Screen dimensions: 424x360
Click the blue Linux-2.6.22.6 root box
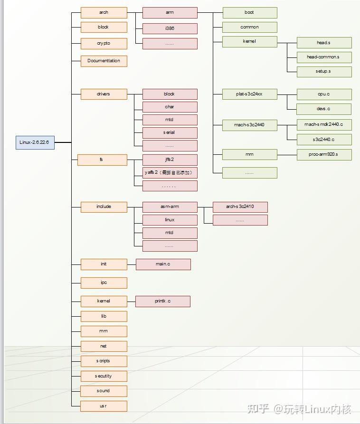pos(35,142)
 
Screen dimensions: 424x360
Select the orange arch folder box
pos(104,13)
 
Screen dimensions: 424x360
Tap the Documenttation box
pos(104,61)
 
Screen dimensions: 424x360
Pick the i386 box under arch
pos(170,28)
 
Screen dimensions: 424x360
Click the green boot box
pos(249,13)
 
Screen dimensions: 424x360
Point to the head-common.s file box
pos(323,57)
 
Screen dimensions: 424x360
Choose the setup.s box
pos(323,72)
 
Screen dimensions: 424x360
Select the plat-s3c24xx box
pos(249,94)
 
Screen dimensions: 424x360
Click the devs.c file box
pos(323,109)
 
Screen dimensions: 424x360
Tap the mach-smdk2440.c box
pos(323,124)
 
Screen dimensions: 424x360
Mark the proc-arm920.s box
pos(323,154)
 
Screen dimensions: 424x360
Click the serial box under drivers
pos(170,132)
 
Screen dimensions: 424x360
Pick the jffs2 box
pos(170,160)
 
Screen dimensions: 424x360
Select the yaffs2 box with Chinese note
pos(170,172)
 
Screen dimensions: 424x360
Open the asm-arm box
pos(170,207)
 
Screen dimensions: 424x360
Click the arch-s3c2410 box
pos(240,207)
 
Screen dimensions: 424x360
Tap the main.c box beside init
pos(163,264)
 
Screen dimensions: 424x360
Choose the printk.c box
pos(162,301)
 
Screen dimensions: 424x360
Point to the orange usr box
pos(104,406)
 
